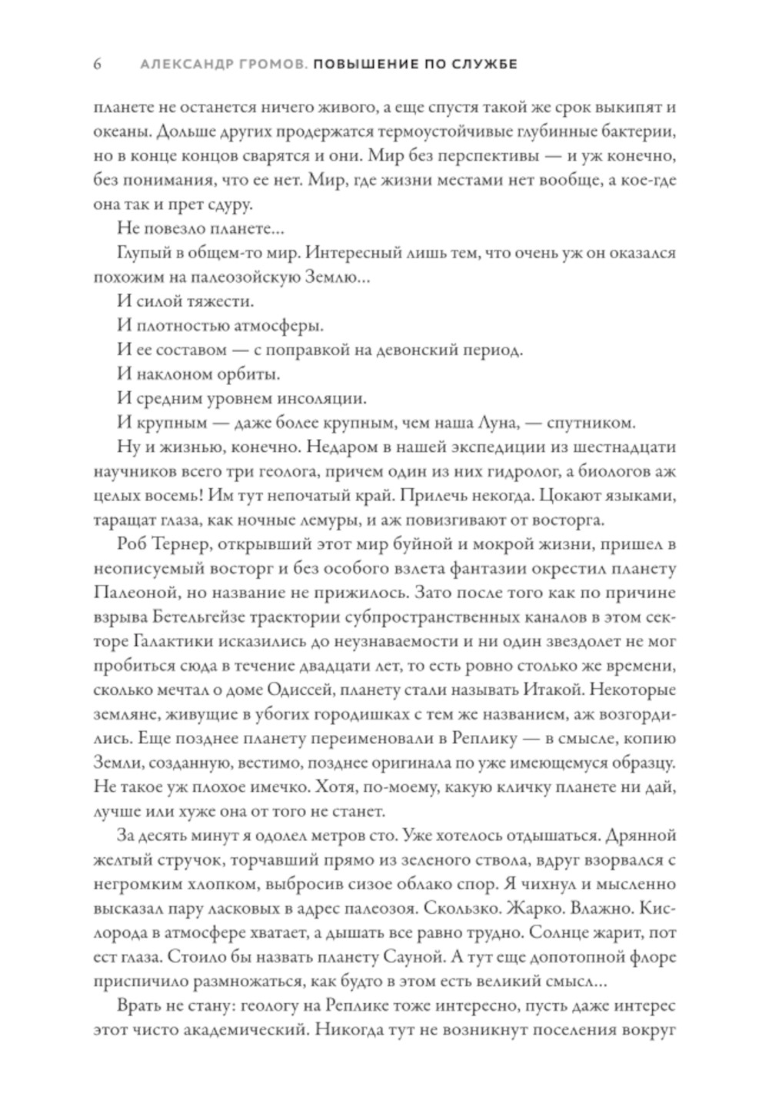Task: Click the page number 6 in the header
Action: [98, 65]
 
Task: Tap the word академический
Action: [235, 1030]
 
